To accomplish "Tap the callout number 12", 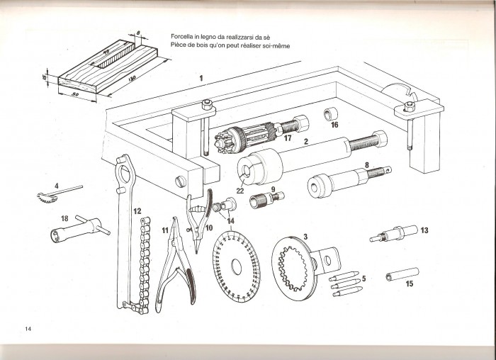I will coord(137,210).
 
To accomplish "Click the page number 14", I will coord(28,328).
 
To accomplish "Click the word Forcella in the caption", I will coord(186,37).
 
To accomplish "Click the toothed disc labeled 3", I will coord(300,266).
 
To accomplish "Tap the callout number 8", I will coord(366,164).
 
